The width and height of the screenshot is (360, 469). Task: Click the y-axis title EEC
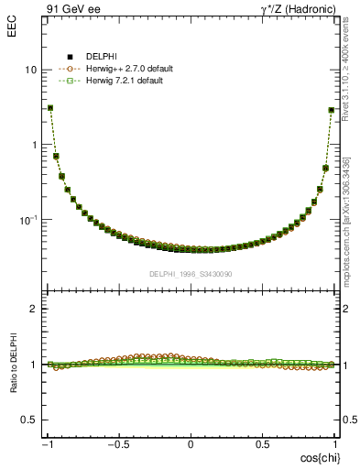tap(11, 16)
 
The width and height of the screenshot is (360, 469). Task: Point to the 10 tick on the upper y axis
tap(30, 71)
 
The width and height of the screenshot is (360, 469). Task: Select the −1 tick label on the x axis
tap(48, 444)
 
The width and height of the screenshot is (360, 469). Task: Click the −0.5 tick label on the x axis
tap(118, 444)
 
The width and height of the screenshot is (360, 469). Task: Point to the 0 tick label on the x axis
tap(191, 444)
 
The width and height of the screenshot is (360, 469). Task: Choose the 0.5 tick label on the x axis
tap(262, 444)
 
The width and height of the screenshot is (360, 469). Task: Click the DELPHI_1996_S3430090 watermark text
tap(191, 274)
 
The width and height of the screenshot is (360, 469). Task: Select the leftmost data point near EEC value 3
tap(49, 107)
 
